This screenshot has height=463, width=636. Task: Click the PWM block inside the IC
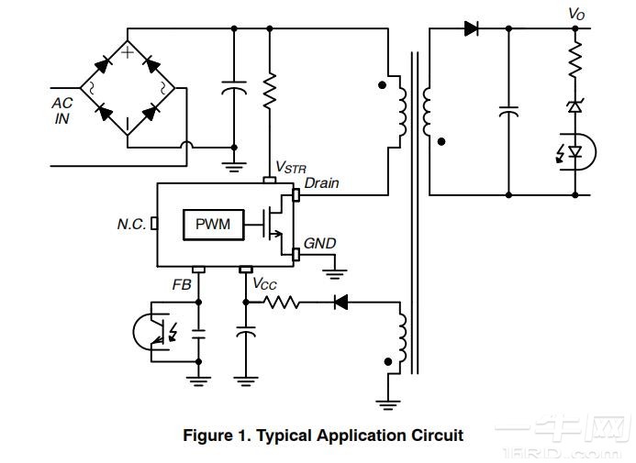pyautogui.click(x=213, y=225)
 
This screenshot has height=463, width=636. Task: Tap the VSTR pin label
pyautogui.click(x=291, y=169)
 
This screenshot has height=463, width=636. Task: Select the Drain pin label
pyautogui.click(x=321, y=183)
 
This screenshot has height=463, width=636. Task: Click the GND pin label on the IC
pyautogui.click(x=320, y=244)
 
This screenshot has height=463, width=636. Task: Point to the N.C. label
pyautogui.click(x=131, y=225)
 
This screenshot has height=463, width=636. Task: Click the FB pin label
pyautogui.click(x=182, y=284)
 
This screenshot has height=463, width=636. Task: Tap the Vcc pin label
pyautogui.click(x=263, y=284)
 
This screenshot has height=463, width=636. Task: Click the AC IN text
pyautogui.click(x=61, y=111)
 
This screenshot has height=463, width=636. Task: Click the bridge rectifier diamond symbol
pyautogui.click(x=128, y=88)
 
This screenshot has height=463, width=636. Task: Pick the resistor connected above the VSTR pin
pyautogui.click(x=270, y=90)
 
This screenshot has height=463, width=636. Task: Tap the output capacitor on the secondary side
pyautogui.click(x=508, y=111)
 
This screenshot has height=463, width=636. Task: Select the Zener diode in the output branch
pyautogui.click(x=576, y=107)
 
